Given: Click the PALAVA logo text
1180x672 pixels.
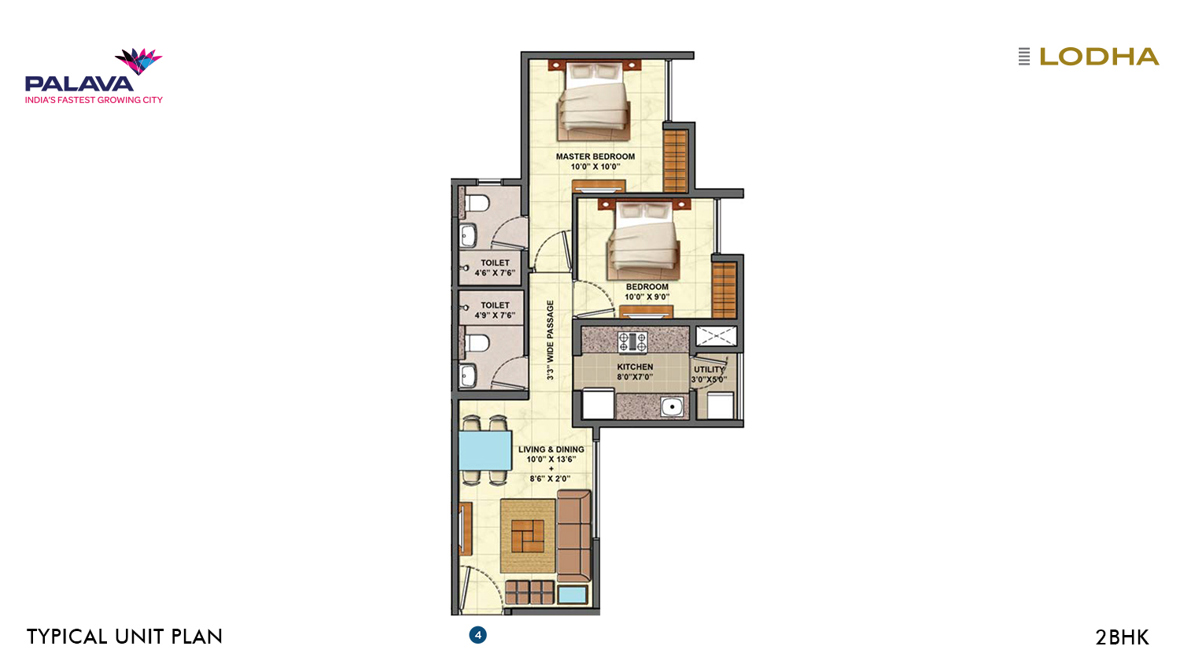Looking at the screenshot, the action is click(x=79, y=83).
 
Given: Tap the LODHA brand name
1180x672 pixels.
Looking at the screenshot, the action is click(x=1099, y=57).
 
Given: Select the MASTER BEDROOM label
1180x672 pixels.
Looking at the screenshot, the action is click(x=596, y=157).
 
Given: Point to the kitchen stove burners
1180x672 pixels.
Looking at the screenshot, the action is click(x=632, y=342).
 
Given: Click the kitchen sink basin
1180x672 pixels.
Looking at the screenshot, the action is click(x=672, y=406).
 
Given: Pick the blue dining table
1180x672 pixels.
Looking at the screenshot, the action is click(x=485, y=451).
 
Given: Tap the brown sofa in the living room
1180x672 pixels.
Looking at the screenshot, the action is click(x=574, y=536).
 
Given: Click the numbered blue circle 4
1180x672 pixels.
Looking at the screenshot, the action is click(x=478, y=635).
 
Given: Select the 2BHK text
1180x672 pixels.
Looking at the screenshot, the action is click(x=1122, y=637).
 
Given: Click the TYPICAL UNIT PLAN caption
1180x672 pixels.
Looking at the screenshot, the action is click(x=124, y=637).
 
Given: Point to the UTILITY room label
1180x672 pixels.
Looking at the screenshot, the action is click(x=709, y=370).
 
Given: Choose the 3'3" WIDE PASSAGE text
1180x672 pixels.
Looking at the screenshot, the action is click(x=550, y=340).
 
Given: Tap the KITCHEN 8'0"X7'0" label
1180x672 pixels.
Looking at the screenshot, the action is click(x=635, y=371).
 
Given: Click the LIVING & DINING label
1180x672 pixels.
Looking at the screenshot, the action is click(x=551, y=449).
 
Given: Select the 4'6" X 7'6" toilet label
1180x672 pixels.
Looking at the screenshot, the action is click(x=495, y=273).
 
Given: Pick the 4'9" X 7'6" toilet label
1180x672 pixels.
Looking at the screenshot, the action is click(x=495, y=316).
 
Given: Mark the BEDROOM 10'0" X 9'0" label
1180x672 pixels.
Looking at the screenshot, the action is click(x=647, y=291).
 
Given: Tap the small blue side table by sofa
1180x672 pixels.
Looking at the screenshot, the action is click(x=573, y=595).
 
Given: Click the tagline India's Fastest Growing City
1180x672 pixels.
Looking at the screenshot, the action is click(x=94, y=100).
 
